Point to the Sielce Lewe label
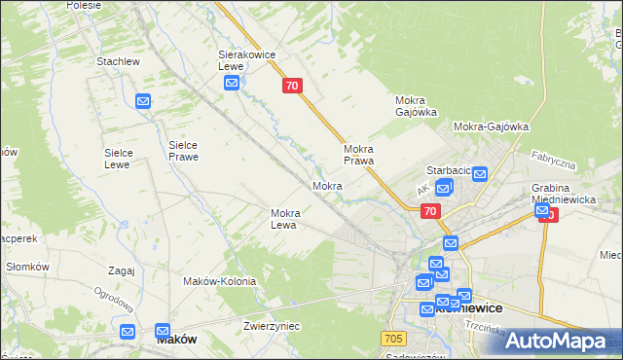(125, 159)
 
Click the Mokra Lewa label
(291, 219)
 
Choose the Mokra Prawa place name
(359, 155)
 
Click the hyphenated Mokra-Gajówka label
(491, 126)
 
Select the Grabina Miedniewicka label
(557, 194)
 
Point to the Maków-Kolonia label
(219, 281)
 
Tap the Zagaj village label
(122, 270)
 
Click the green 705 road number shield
(392, 338)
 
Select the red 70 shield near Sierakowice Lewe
(292, 87)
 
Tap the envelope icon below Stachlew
(143, 101)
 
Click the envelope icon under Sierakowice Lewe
(232, 84)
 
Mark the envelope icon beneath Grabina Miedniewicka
(542, 210)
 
